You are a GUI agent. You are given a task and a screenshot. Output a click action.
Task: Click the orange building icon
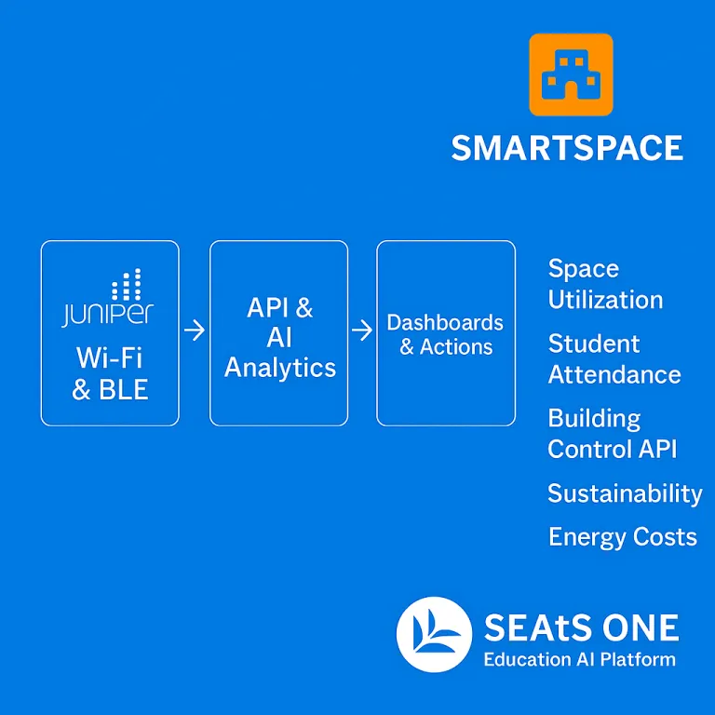571,74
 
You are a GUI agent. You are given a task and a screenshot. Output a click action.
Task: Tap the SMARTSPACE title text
567,148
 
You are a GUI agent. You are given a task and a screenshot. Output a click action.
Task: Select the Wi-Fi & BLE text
110,372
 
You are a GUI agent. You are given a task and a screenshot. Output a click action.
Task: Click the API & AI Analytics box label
279,337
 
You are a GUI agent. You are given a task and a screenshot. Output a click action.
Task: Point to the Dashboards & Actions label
445,334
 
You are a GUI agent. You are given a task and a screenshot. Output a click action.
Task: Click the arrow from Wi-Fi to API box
195,330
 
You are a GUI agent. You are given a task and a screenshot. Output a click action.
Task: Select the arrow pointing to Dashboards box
362,330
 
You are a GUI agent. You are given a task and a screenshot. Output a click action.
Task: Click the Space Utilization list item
605,284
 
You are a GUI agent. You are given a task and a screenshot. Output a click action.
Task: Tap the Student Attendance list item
614,358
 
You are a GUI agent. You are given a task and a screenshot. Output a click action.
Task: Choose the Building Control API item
612,433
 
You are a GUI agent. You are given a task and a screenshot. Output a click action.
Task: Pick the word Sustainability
625,493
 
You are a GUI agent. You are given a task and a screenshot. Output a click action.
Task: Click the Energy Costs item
622,537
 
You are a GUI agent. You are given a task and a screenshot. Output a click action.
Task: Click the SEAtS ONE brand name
581,629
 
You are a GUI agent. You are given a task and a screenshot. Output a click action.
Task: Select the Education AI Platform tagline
579,660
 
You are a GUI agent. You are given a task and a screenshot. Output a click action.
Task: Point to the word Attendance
614,374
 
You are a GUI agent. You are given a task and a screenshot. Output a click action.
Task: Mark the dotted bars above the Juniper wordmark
127,284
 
